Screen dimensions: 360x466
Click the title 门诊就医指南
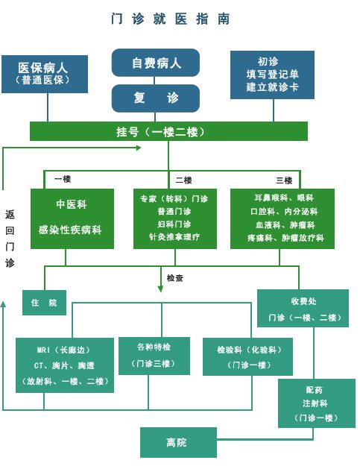coord(170,19)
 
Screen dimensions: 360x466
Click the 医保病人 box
coord(45,74)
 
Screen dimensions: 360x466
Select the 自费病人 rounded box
coord(155,63)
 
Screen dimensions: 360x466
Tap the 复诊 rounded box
coord(155,98)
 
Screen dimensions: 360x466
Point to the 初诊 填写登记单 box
coord(272,75)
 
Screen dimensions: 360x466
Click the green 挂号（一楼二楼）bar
coord(168,131)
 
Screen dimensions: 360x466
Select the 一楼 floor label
coord(63,179)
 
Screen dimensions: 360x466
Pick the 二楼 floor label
coord(183,180)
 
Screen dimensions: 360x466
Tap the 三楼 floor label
coord(284,180)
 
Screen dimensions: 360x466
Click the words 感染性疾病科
coord(70,230)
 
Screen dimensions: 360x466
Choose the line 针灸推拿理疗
coord(174,237)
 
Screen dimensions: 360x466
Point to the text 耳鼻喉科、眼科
coord(284,198)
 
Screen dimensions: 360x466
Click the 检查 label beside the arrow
coord(175,278)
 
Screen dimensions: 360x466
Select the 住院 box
coord(44,303)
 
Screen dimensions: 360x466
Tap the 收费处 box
coord(303,308)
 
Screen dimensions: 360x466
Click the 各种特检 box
coord(154,356)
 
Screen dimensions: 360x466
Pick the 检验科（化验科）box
coord(247,356)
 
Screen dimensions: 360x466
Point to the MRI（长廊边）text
coord(63,350)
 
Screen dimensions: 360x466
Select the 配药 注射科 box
coord(317,403)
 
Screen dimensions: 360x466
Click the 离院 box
coord(178,442)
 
